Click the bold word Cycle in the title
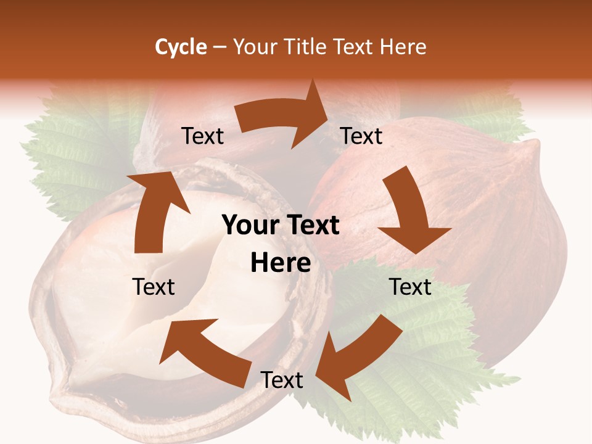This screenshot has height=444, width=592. pos(181,47)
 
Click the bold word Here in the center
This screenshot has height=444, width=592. pos(281,263)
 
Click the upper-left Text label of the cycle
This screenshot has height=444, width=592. pos(203,136)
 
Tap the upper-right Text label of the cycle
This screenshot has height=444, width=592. pos(362,136)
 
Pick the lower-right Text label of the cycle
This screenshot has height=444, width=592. pos(410,287)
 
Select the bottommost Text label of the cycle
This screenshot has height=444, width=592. pos(282,380)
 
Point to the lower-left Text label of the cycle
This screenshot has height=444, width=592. pos(154,287)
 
